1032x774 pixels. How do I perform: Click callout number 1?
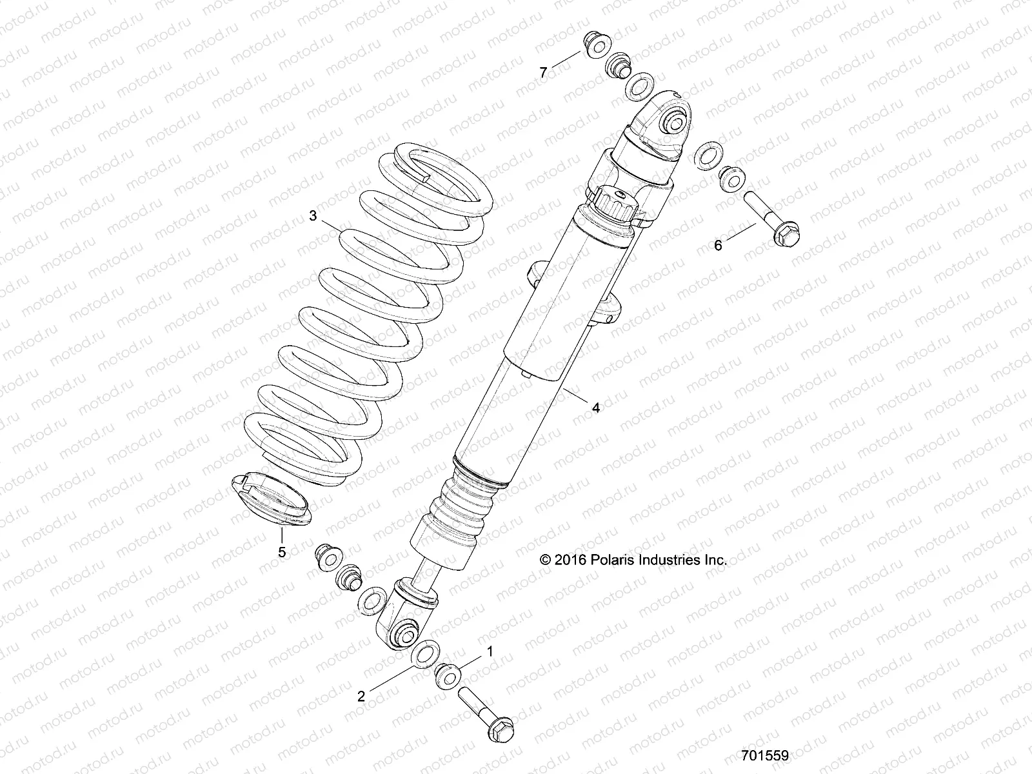[490, 652]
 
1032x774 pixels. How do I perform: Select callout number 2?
[361, 696]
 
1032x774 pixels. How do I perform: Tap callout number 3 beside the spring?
[313, 216]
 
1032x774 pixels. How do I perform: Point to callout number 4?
[596, 408]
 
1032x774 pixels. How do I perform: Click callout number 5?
[282, 552]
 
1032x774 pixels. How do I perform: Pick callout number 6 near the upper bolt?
[718, 245]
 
